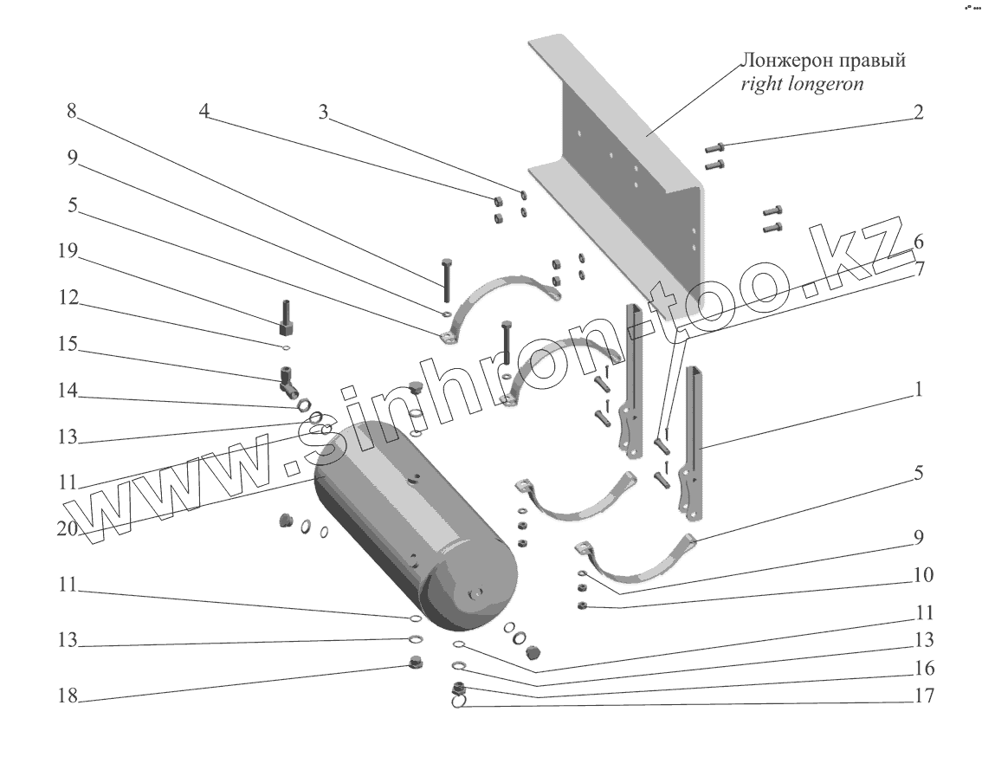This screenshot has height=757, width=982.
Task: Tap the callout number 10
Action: point(921,575)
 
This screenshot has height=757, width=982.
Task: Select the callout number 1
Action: point(918,391)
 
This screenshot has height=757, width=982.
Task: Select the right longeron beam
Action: point(623,173)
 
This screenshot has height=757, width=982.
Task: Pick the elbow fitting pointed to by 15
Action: point(288,379)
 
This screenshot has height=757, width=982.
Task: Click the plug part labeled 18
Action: point(415,665)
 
